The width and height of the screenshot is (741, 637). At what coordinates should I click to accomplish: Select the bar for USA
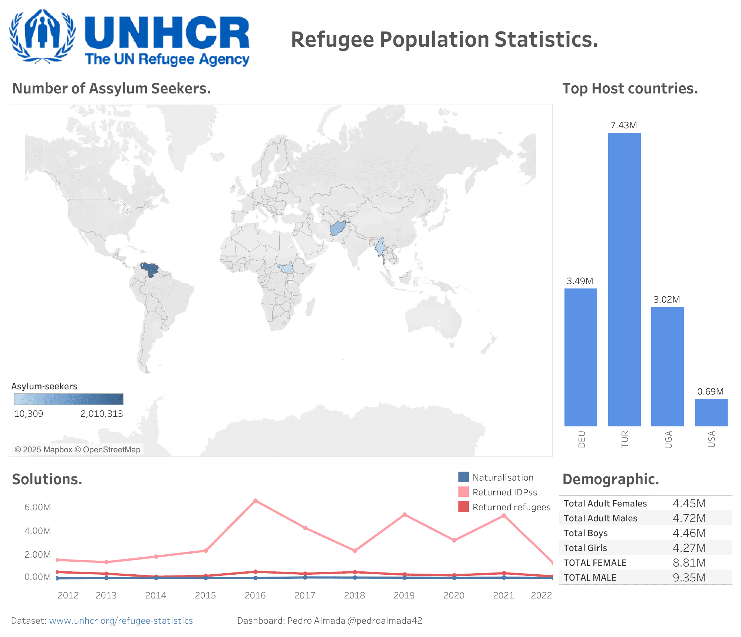pyautogui.click(x=711, y=412)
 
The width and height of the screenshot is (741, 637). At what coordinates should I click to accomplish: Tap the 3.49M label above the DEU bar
pyautogui.click(x=580, y=281)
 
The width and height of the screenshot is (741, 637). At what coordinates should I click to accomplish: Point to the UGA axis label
pyautogui.click(x=668, y=439)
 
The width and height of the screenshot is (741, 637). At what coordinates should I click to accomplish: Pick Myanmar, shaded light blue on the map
pyautogui.click(x=381, y=247)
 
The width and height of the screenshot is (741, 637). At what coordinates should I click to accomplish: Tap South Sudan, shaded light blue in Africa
pyautogui.click(x=286, y=268)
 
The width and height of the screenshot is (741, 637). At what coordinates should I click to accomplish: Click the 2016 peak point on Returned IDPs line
pyautogui.click(x=256, y=501)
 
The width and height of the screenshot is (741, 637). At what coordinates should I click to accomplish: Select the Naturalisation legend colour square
pyautogui.click(x=463, y=477)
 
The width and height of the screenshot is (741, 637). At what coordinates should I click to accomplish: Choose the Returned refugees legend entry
pyautogui.click(x=511, y=507)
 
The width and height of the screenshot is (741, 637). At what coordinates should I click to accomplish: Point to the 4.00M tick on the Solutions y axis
pyautogui.click(x=37, y=531)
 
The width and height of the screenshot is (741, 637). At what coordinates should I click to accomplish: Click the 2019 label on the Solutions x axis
pyautogui.click(x=404, y=595)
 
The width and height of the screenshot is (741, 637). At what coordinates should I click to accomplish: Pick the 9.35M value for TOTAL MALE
pyautogui.click(x=689, y=578)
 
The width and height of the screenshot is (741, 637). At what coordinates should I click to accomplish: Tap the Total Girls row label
pyautogui.click(x=585, y=548)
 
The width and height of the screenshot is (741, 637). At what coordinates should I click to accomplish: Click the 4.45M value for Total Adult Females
pyautogui.click(x=689, y=504)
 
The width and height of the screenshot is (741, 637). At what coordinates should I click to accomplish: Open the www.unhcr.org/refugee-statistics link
pyautogui.click(x=121, y=621)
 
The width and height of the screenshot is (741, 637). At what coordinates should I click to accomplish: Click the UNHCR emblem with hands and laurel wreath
pyautogui.click(x=42, y=36)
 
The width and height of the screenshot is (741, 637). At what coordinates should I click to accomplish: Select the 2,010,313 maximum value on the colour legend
pyautogui.click(x=102, y=414)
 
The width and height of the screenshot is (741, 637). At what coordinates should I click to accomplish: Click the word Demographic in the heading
pyautogui.click(x=610, y=479)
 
